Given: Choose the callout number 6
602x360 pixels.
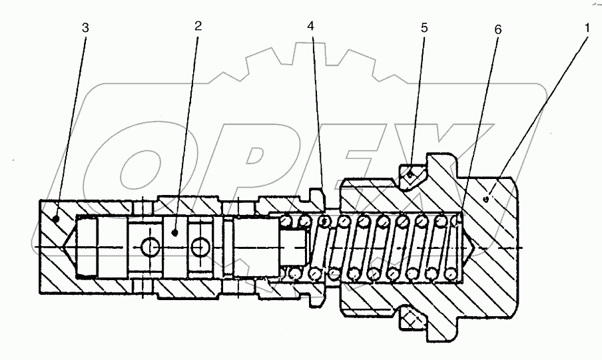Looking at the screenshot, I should click(498, 30).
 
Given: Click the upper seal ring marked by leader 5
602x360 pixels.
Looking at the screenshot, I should click(412, 174).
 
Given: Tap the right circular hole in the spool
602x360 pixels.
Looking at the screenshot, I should click(199, 248).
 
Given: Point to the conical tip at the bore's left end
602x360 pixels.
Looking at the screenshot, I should click(70, 248).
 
